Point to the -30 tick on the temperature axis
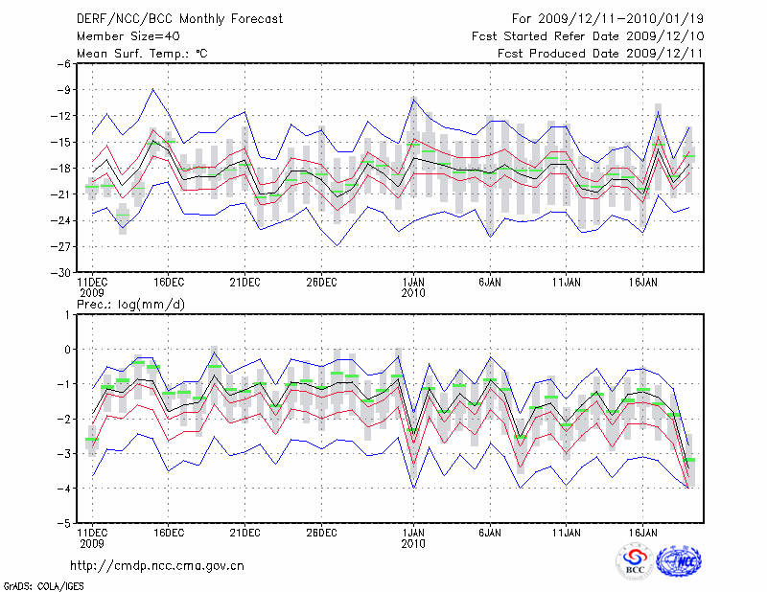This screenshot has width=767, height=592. (x=61, y=272)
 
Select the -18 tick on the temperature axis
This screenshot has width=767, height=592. (x=61, y=169)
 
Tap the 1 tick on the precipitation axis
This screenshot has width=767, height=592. (x=68, y=314)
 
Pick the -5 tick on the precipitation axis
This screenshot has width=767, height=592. (x=64, y=524)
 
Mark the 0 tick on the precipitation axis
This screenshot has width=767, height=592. (x=68, y=350)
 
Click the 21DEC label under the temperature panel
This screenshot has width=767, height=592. (x=244, y=284)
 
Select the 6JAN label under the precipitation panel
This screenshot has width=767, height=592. (x=490, y=533)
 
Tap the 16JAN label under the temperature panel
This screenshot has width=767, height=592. (x=643, y=284)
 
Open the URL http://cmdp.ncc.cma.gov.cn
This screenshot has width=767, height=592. (x=158, y=566)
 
